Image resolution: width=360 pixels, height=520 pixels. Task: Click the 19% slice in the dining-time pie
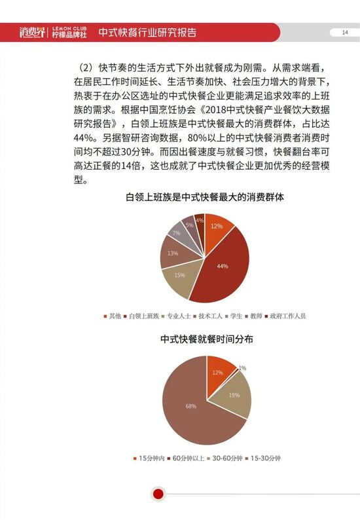[234, 395]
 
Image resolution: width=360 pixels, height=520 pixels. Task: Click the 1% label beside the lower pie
[242, 368]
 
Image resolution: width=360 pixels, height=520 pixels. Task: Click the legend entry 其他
[115, 316]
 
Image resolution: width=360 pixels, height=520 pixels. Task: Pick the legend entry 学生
[234, 316]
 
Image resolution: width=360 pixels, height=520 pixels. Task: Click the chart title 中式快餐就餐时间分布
[207, 339]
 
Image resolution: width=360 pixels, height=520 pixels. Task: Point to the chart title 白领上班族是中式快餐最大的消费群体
[207, 197]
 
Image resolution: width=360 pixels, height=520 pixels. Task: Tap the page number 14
[344, 33]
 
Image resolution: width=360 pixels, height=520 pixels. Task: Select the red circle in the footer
[157, 494]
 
